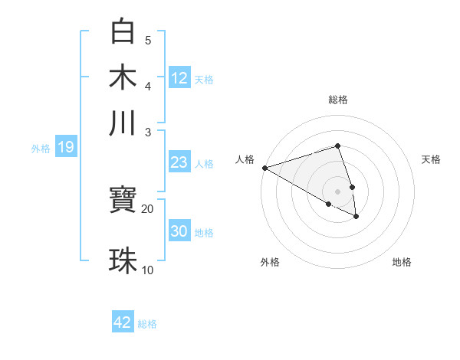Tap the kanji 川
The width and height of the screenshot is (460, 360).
coord(123,123)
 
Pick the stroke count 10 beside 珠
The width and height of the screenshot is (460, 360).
coord(147,270)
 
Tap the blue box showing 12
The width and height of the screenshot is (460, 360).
coord(179,77)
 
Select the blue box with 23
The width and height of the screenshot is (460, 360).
coord(179,162)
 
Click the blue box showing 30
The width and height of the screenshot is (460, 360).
coord(179,231)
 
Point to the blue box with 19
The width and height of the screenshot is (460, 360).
coord(65,147)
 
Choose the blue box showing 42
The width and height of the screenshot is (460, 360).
coord(123,322)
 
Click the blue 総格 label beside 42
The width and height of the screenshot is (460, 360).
coord(147,324)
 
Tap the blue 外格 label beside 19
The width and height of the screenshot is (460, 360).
coord(41,149)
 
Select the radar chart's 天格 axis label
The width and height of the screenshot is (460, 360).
coord(431,159)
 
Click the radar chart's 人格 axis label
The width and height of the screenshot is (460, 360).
coord(245,159)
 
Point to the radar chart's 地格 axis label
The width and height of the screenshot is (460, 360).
coord(402,262)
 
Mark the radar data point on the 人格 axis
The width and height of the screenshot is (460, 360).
coord(264,167)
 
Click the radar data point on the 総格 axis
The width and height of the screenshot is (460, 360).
coord(337,146)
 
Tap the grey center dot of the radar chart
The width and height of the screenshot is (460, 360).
coord(337,191)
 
